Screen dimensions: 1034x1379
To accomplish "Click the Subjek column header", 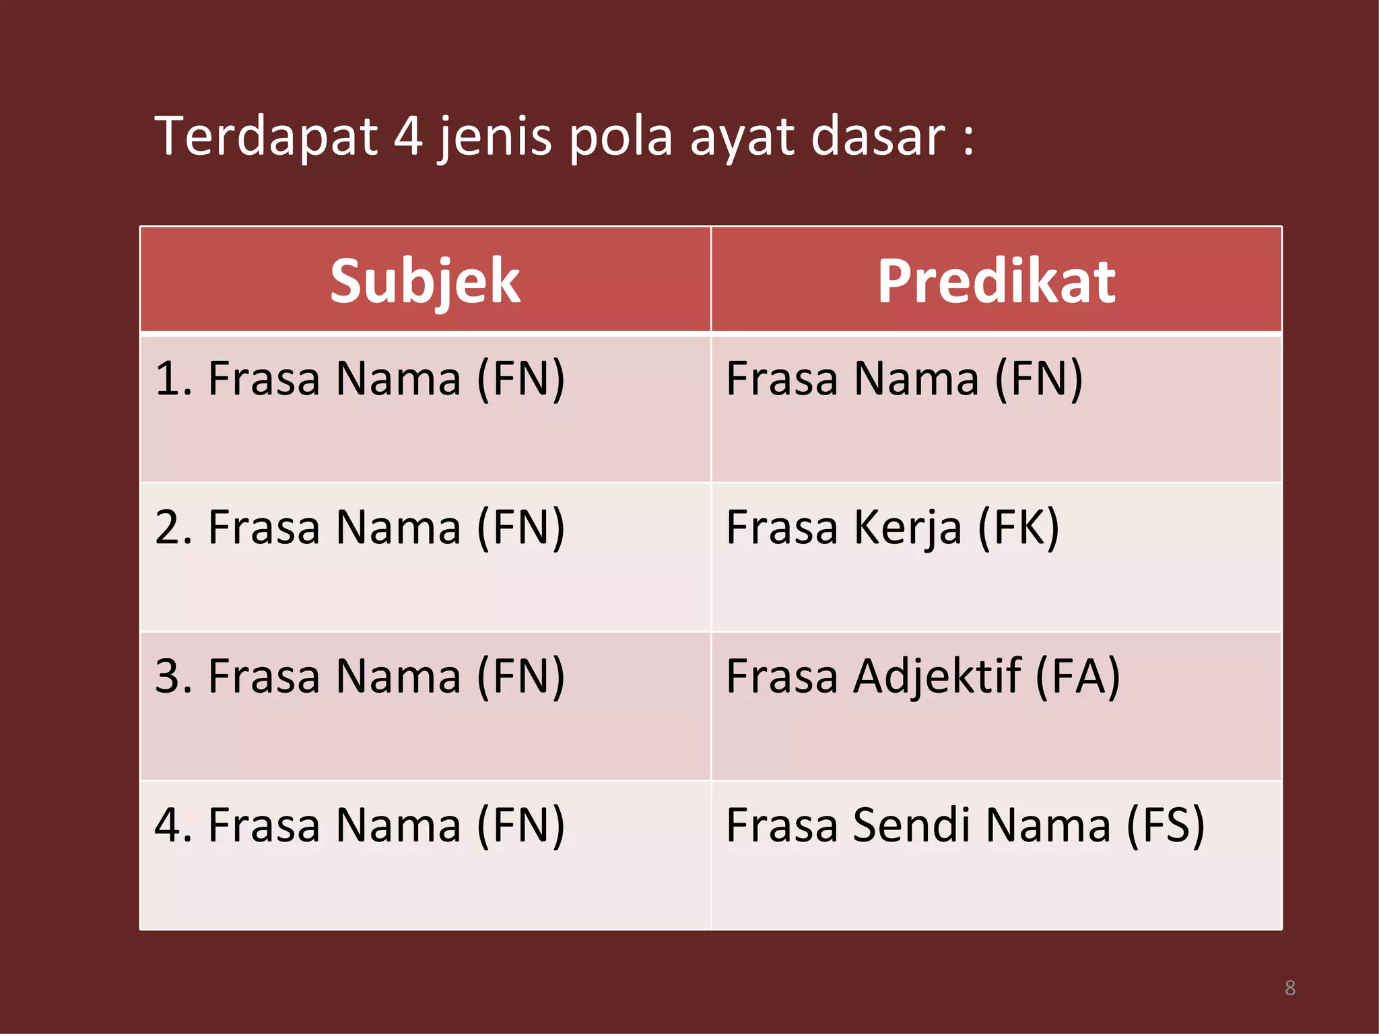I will point(425,281).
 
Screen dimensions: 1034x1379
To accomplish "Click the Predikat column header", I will point(996,281).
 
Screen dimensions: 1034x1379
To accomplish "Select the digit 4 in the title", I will point(408,137).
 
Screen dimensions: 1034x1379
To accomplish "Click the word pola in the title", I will point(621,137).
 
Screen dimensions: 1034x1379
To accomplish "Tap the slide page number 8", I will point(1289,988).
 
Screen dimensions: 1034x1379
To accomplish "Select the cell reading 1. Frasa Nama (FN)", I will point(360,379).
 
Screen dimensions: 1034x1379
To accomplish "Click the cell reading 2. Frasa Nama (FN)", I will point(360,528).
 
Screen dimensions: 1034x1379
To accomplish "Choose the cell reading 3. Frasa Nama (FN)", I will point(360,677).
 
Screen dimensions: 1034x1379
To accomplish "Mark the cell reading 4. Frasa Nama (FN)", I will point(360,825).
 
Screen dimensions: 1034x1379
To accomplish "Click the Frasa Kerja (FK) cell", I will point(893,528).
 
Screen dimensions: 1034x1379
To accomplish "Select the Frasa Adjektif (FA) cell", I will point(922,677).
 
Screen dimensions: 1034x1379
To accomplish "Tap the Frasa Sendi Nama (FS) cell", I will point(965,825).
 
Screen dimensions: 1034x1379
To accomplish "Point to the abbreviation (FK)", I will point(1018,528).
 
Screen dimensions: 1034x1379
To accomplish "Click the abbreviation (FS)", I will point(1165,825).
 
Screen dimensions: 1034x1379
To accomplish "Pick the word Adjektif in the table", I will point(937,677).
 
